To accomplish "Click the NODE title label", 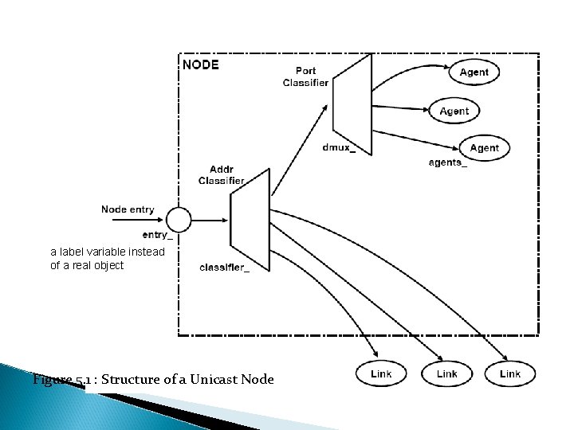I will tap(201, 64).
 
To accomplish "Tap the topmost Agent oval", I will tap(474, 72).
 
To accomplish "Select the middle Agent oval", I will tap(454, 111).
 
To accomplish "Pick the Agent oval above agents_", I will tap(484, 147).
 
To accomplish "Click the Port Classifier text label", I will tap(305, 77).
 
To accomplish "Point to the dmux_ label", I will tap(339, 147).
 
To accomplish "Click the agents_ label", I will tap(448, 163).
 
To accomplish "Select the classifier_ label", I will tap(225, 268).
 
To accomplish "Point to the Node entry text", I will tap(128, 209).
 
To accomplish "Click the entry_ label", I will tap(157, 235).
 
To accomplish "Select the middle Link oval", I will tap(447, 373).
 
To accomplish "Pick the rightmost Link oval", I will tap(509, 373).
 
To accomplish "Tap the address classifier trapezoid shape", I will tap(250, 220).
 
